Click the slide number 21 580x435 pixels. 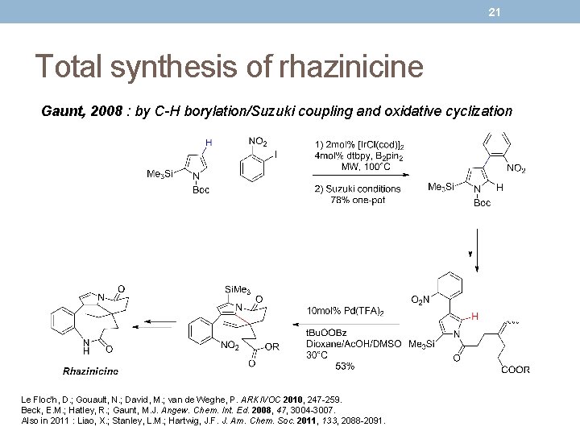click(x=495, y=11)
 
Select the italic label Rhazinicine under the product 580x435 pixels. click(x=90, y=371)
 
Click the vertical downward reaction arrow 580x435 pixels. click(x=477, y=249)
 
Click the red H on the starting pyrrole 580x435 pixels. click(x=209, y=143)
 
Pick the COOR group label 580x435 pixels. click(x=515, y=370)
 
